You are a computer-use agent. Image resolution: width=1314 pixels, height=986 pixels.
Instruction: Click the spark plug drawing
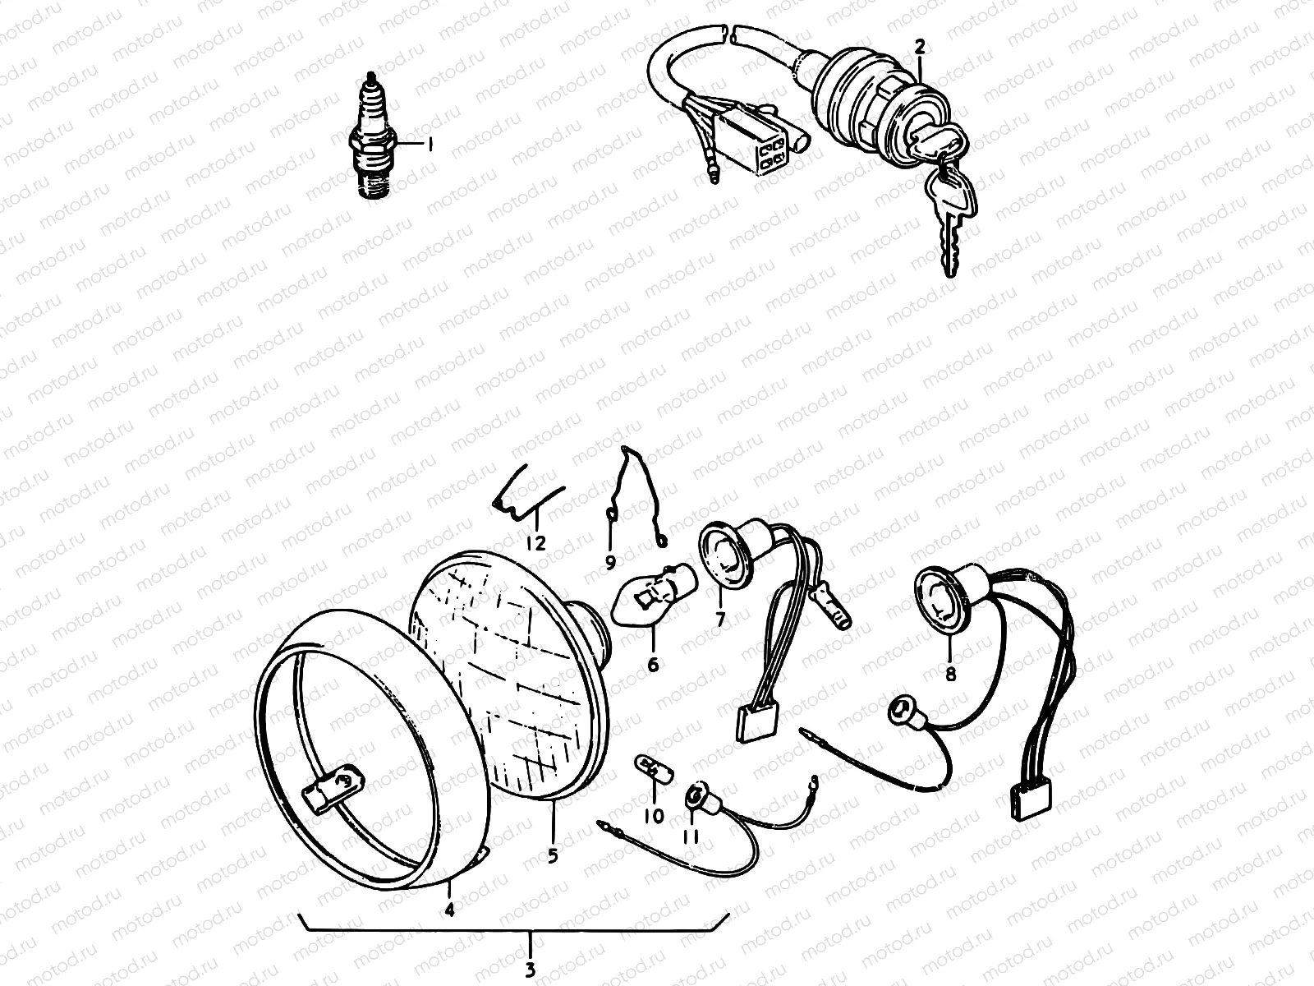tap(372, 136)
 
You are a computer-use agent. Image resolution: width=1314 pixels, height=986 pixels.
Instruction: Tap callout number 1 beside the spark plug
tap(429, 145)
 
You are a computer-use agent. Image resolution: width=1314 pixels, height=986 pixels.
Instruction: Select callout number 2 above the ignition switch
tap(920, 47)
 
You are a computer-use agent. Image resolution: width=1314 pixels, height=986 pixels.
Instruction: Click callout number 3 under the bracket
tap(530, 970)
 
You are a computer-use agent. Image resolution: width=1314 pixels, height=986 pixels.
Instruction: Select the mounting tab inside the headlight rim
tap(333, 790)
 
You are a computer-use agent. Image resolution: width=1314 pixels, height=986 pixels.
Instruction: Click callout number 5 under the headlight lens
tap(553, 856)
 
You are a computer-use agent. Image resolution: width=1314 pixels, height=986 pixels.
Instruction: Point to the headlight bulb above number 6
tap(654, 591)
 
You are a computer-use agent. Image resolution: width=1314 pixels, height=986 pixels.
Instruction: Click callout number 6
tap(653, 664)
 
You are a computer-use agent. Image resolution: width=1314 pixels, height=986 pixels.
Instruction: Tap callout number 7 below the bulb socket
tap(720, 619)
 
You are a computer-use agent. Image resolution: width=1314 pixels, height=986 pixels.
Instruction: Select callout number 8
tap(951, 674)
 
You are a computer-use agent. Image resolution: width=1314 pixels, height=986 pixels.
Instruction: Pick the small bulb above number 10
tap(655, 768)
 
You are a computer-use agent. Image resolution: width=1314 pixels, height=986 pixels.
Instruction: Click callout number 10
tap(654, 816)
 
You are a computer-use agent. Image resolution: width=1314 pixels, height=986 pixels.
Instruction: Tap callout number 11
tap(691, 836)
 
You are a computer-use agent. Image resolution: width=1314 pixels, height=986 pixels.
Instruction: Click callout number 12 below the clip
tap(535, 543)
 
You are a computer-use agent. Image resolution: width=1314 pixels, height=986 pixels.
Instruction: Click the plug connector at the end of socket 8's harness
tap(1031, 799)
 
